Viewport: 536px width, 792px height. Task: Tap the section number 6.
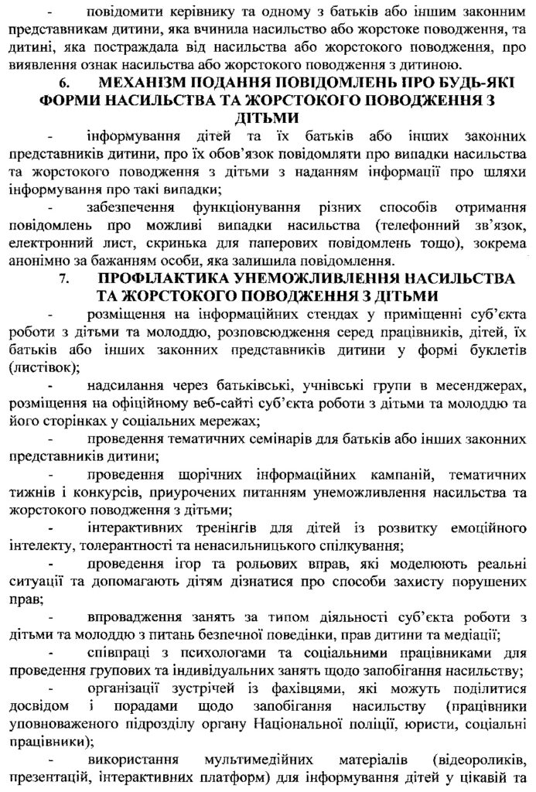[x=64, y=83]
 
